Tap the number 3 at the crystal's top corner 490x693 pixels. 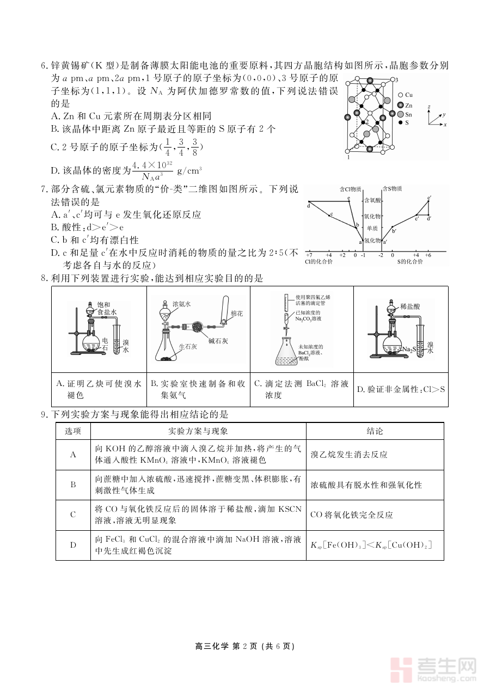(397, 80)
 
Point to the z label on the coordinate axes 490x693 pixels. (430, 106)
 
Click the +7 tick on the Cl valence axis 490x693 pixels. (309, 255)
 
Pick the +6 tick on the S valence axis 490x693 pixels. (428, 255)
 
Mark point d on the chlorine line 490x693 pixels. (308, 205)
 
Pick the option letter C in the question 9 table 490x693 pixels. (73, 514)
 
